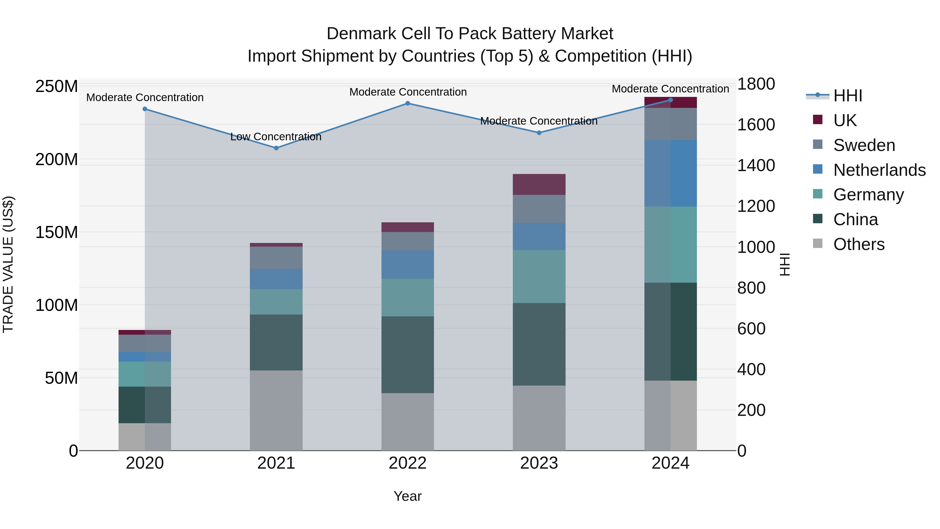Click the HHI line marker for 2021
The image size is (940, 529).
(276, 148)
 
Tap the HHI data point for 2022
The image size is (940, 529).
(408, 103)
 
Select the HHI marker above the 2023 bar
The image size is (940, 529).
(539, 132)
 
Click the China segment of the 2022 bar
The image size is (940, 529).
(408, 354)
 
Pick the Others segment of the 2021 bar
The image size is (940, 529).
(276, 410)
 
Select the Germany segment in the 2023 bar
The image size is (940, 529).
(539, 276)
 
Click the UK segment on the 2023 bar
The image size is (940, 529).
(539, 184)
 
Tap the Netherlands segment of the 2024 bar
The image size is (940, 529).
(670, 173)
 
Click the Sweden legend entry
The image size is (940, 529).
(864, 145)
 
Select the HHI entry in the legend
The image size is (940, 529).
(848, 96)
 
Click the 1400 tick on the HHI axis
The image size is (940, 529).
(756, 165)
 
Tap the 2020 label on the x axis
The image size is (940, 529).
(145, 463)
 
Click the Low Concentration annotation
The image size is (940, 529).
(276, 137)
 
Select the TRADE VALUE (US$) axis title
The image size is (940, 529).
(8, 264)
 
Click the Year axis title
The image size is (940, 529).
(408, 496)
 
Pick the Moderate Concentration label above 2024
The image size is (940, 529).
(670, 89)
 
